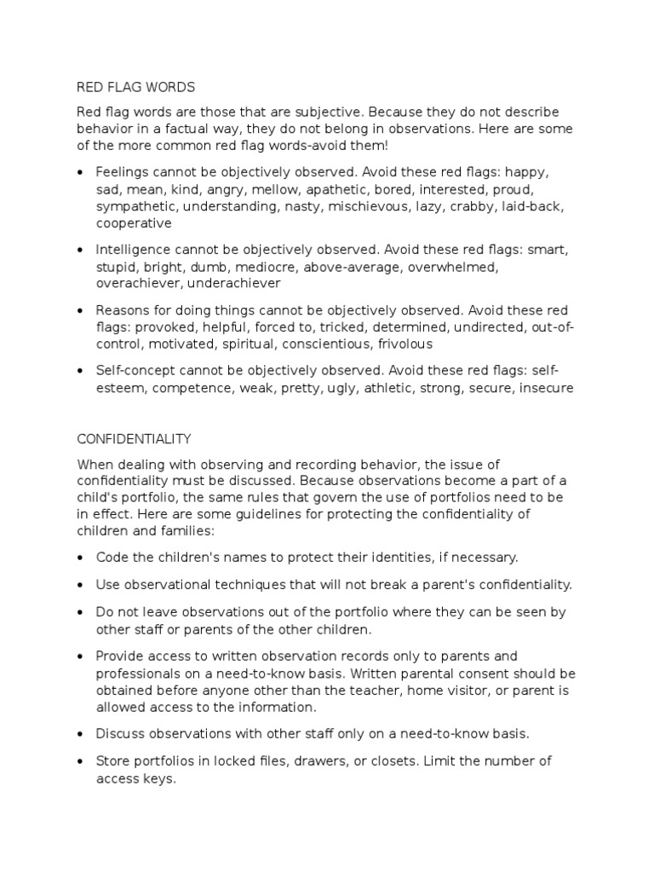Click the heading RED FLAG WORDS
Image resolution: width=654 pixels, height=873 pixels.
[136, 87]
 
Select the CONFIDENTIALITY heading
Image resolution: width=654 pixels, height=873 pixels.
[135, 439]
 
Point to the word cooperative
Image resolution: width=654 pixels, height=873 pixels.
[134, 223]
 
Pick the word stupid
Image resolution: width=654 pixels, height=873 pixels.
[116, 267]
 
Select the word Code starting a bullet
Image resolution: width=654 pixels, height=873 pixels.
[111, 558]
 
